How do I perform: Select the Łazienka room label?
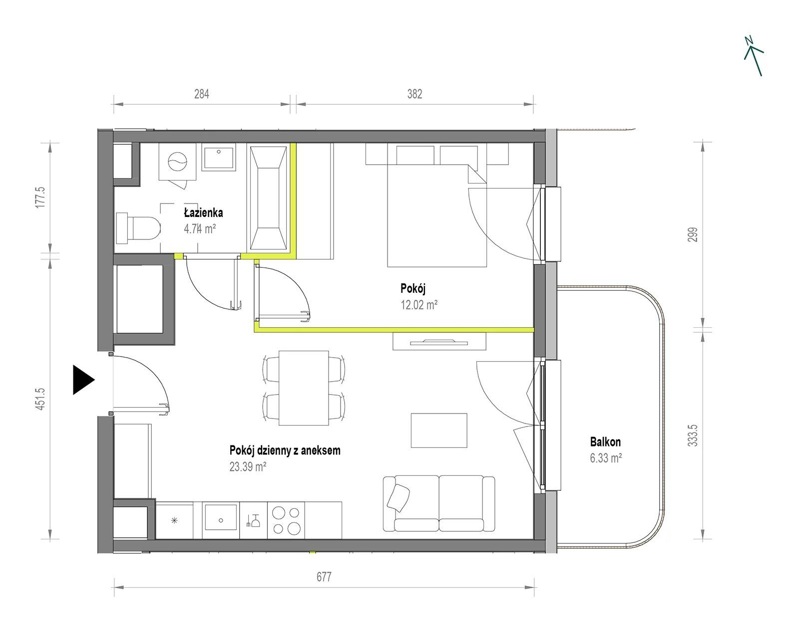203,213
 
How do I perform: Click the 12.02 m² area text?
419,305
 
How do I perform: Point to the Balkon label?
605,442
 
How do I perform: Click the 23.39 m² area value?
248,466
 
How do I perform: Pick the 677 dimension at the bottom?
324,577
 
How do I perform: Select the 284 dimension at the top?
202,94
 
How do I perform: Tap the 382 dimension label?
414,94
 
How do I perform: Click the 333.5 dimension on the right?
693,435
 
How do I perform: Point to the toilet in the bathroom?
138,228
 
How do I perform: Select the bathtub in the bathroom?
268,198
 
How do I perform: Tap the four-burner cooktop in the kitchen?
286,520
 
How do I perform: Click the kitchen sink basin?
221,517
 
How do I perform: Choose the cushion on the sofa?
398,498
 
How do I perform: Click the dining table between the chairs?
303,388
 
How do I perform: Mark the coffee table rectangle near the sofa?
439,430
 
